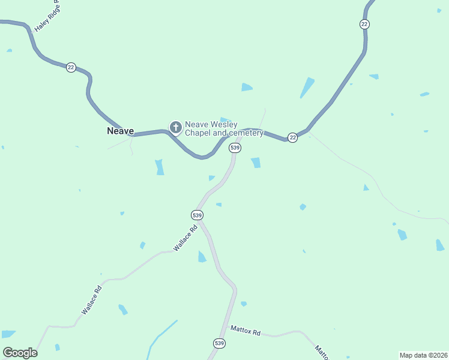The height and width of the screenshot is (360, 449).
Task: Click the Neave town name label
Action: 120,131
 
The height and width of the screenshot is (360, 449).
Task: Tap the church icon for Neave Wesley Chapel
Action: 175,127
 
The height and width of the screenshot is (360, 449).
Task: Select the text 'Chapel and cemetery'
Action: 224,133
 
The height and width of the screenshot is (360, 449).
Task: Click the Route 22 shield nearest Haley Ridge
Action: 71,67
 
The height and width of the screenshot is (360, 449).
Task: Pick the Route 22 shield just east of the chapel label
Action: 292,137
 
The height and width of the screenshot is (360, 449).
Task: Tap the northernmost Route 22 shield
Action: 364,24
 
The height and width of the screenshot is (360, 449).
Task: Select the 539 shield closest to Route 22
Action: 235,148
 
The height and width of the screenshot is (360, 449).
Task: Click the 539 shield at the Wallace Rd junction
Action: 197,215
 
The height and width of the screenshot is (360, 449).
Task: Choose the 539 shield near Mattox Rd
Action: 219,343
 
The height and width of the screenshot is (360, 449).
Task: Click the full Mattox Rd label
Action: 246,331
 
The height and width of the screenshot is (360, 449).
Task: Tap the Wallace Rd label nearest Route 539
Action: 185,238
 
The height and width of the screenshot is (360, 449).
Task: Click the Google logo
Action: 20,353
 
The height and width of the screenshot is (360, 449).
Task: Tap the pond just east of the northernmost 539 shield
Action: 256,163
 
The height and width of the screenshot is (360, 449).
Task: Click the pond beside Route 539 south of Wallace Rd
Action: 202,257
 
